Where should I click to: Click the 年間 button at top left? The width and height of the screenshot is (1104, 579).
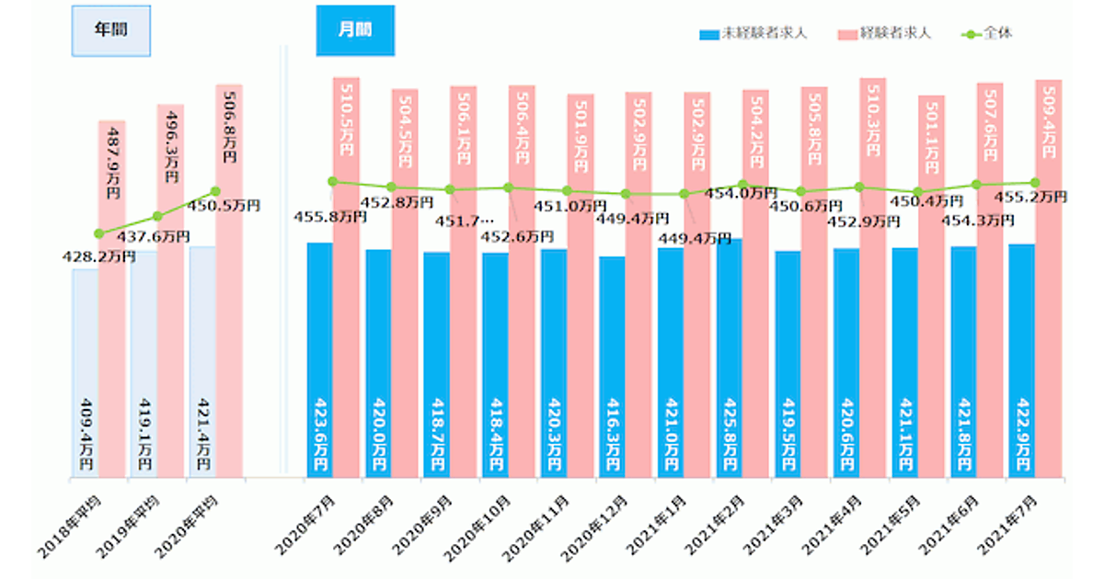pyautogui.click(x=111, y=29)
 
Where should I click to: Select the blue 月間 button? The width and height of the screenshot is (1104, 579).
pyautogui.click(x=355, y=30)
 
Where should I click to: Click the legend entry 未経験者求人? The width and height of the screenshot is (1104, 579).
pyautogui.click(x=754, y=34)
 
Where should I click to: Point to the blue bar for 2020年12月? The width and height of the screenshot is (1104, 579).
pyautogui.click(x=612, y=367)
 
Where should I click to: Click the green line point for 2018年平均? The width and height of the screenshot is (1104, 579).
pyautogui.click(x=99, y=233)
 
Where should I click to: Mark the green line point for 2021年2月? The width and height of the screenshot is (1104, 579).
pyautogui.click(x=742, y=185)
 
